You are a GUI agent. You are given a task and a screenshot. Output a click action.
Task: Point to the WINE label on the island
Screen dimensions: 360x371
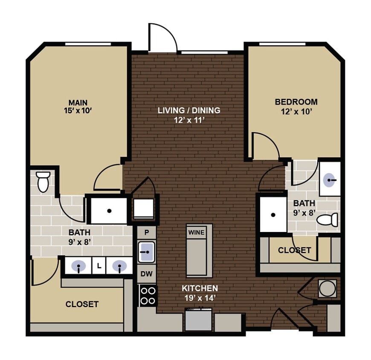click(196, 232)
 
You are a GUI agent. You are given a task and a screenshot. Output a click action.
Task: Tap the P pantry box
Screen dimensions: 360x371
click(146, 232)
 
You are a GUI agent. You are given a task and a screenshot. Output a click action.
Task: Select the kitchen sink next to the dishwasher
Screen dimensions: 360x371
click(146, 252)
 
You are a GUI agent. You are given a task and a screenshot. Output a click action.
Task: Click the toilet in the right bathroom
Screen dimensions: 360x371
click(329, 220)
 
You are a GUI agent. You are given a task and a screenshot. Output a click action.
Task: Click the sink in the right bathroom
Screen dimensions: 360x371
click(330, 180)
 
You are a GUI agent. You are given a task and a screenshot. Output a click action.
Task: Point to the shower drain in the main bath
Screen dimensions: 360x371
click(109, 211)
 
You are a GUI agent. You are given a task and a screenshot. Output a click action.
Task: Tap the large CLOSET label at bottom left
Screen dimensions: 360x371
click(82, 304)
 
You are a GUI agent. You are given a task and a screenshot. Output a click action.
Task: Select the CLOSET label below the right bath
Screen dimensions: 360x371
click(294, 250)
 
